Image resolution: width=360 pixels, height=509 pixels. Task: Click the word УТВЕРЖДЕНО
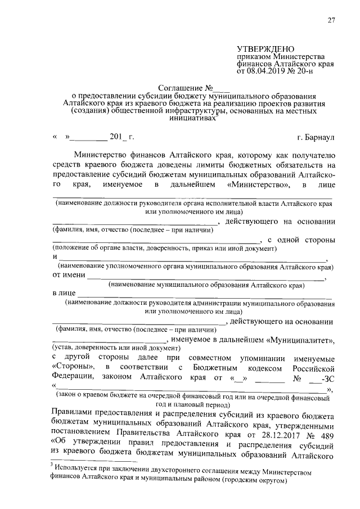point(265,50)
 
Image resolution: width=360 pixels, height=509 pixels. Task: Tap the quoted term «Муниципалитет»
point(302,340)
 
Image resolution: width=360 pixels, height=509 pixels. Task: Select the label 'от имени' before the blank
point(69,275)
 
